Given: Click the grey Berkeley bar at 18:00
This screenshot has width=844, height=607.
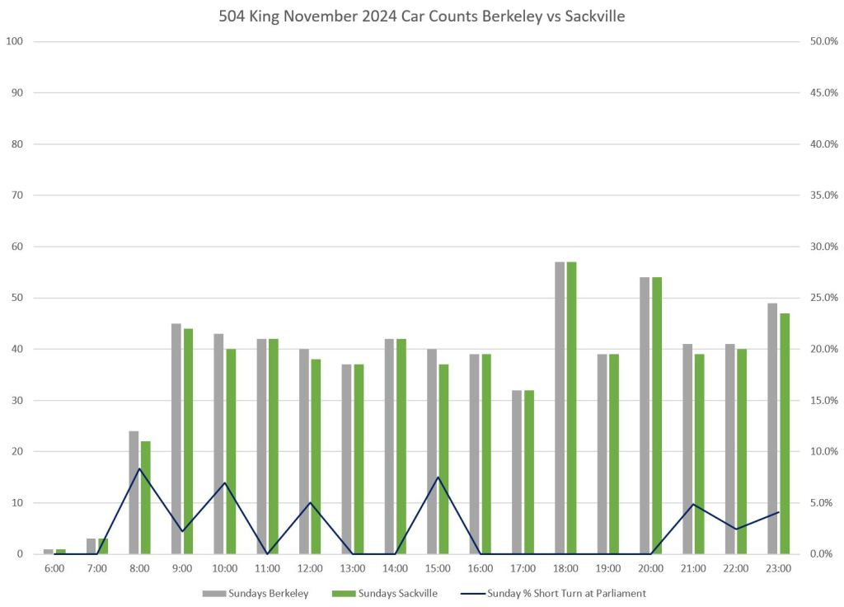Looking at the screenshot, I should pyautogui.click(x=560, y=407).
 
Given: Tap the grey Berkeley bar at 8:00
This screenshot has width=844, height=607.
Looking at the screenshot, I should pyautogui.click(x=134, y=492).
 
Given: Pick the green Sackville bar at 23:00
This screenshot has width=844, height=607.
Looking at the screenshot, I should pyautogui.click(x=785, y=433).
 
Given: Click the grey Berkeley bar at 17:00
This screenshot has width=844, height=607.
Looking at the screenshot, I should pyautogui.click(x=517, y=472).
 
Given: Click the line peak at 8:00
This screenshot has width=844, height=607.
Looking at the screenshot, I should pyautogui.click(x=139, y=468).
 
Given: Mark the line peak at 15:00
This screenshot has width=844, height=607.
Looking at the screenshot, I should pyautogui.click(x=438, y=477).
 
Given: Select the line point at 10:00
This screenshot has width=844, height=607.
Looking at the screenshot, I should pyautogui.click(x=225, y=482).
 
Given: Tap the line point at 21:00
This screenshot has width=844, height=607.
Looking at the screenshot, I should pyautogui.click(x=693, y=504).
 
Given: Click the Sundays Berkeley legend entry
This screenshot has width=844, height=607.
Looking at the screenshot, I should pyautogui.click(x=256, y=593).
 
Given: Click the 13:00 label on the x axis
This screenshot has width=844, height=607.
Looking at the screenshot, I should pyautogui.click(x=352, y=568).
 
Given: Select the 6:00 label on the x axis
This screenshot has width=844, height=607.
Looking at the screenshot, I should pyautogui.click(x=54, y=568).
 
